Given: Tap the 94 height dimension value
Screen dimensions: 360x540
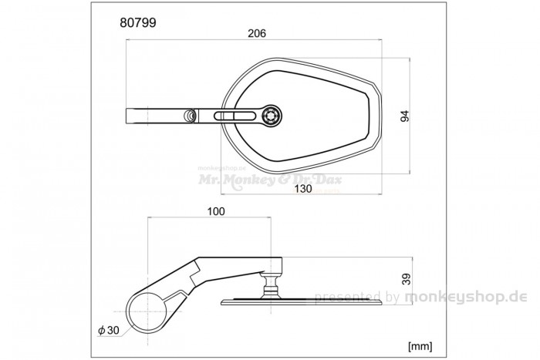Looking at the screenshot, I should pos(403,116).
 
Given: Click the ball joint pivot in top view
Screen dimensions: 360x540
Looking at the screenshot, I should pos(272,116).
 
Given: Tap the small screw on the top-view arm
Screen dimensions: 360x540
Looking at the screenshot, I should pos(188,116).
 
